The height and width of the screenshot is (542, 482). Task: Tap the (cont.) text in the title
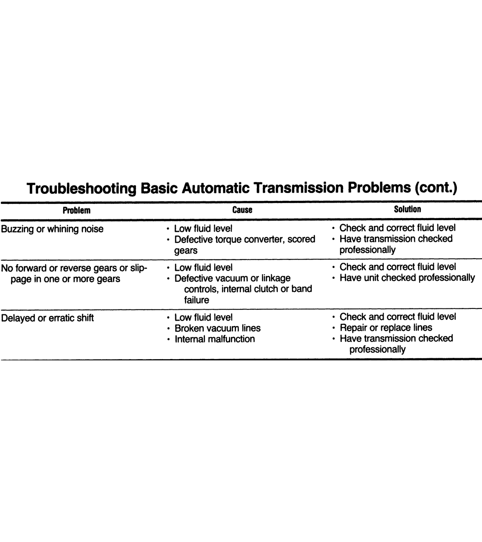point(435,188)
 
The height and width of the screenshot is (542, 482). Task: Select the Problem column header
point(77,210)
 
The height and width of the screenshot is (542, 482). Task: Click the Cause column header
point(242,210)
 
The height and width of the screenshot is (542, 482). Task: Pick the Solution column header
point(408,209)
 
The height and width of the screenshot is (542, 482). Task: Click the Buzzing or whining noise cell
point(52,229)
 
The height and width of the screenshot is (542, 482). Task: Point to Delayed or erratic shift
point(48,318)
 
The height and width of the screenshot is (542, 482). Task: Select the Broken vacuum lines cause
point(217,328)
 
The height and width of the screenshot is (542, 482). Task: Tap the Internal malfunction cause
point(214,339)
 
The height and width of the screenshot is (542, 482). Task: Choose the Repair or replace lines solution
point(386,328)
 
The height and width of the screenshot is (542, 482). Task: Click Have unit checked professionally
point(407,278)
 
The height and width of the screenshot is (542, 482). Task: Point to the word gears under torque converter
point(186,251)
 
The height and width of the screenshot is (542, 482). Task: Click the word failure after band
point(196,300)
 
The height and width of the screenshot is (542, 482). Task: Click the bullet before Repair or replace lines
point(333,328)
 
